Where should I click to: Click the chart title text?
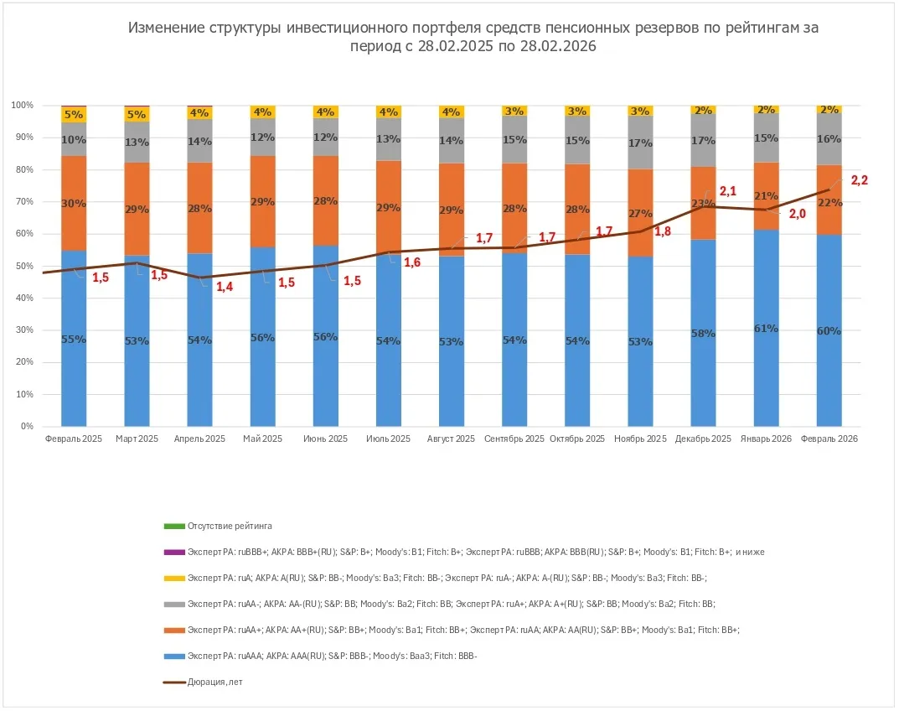473,37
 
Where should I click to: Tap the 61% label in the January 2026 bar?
766,329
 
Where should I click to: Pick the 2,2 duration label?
860,179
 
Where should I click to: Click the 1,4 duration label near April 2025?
225,288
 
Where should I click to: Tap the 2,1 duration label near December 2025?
727,192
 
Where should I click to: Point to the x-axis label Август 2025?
451,439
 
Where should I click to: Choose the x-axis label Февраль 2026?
829,439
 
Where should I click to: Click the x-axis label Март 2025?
137,439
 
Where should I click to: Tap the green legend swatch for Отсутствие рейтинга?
173,527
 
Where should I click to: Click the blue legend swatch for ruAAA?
173,657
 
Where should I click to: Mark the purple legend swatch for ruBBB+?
173,553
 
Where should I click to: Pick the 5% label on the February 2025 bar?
74,115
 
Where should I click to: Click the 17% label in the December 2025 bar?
703,141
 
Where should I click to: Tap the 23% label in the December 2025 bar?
703,203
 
